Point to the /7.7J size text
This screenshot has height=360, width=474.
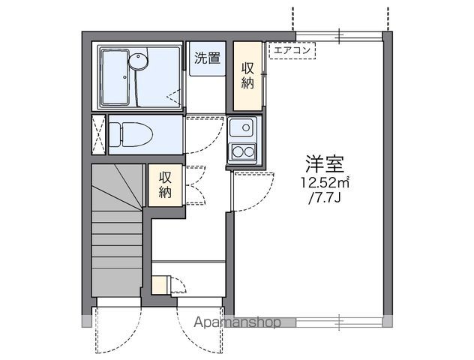pos(324,199)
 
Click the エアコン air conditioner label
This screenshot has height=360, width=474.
pos(293,51)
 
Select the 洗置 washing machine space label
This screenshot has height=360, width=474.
pos(207,58)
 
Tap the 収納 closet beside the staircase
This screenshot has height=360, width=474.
pos(166,184)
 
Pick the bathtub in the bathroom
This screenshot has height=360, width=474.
pos(121,76)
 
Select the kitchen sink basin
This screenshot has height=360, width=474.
pos(242,127)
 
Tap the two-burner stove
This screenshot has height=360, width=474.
pos(242,151)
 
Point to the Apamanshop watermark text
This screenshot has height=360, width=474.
pos(238,322)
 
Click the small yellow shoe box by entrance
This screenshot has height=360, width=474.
pos(159,285)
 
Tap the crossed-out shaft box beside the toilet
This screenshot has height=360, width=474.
pos(99,134)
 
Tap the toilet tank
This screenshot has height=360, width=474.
pos(115,134)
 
